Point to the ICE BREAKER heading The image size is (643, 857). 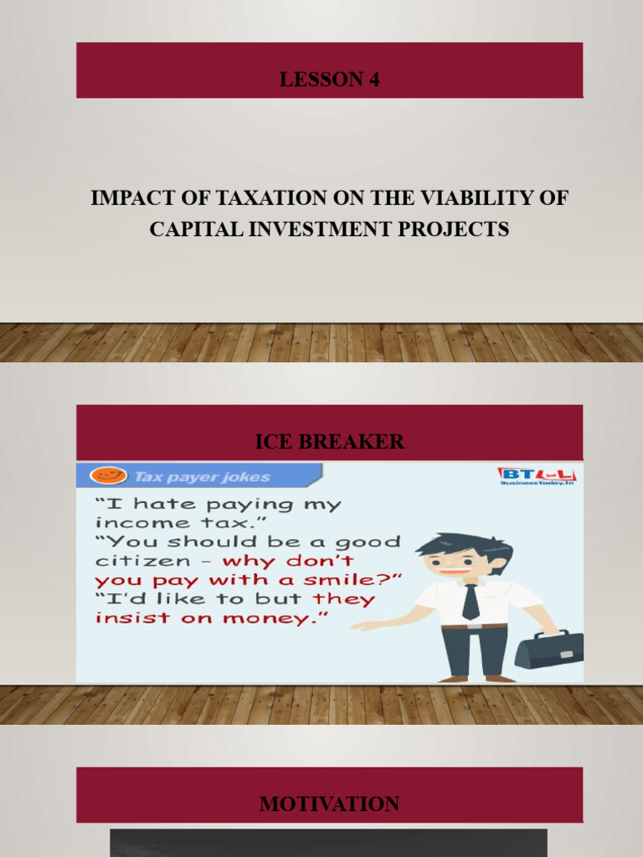pyautogui.click(x=329, y=441)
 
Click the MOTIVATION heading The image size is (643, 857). pyautogui.click(x=329, y=804)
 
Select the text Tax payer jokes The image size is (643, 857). pyautogui.click(x=202, y=477)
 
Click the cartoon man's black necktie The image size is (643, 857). pyautogui.click(x=471, y=600)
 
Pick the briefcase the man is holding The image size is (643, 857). pyautogui.click(x=548, y=649)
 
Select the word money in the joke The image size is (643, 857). pyautogui.click(x=280, y=618)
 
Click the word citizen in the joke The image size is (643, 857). pyautogui.click(x=134, y=560)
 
